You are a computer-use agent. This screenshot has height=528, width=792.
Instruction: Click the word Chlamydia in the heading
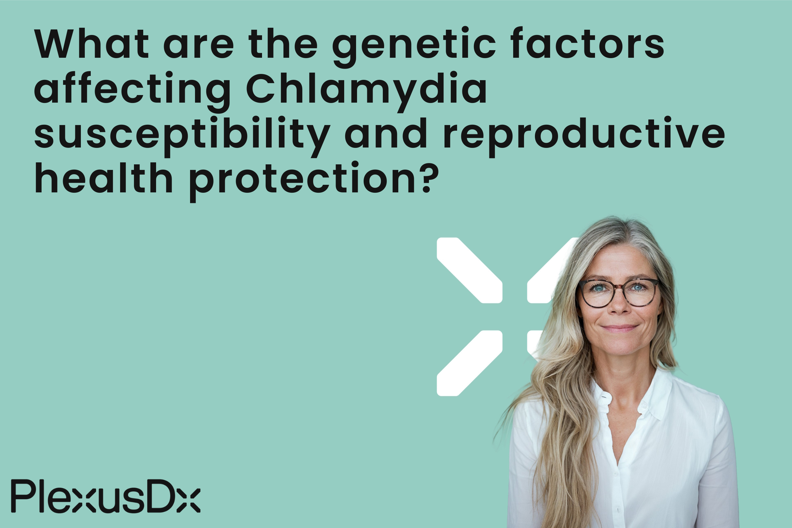[366, 88]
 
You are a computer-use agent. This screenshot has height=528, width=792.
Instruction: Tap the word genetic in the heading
[414, 44]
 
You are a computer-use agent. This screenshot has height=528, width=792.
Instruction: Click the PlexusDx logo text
[106, 496]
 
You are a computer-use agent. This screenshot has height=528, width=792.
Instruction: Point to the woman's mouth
[620, 328]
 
